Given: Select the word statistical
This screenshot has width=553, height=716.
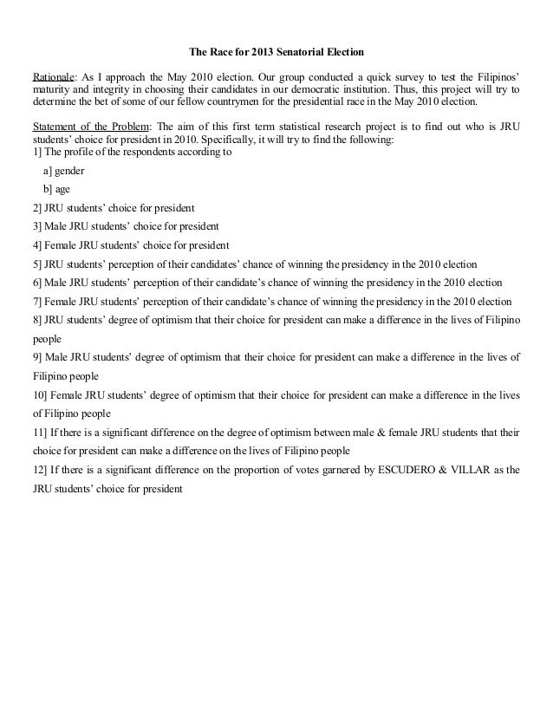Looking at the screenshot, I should point(298,126).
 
